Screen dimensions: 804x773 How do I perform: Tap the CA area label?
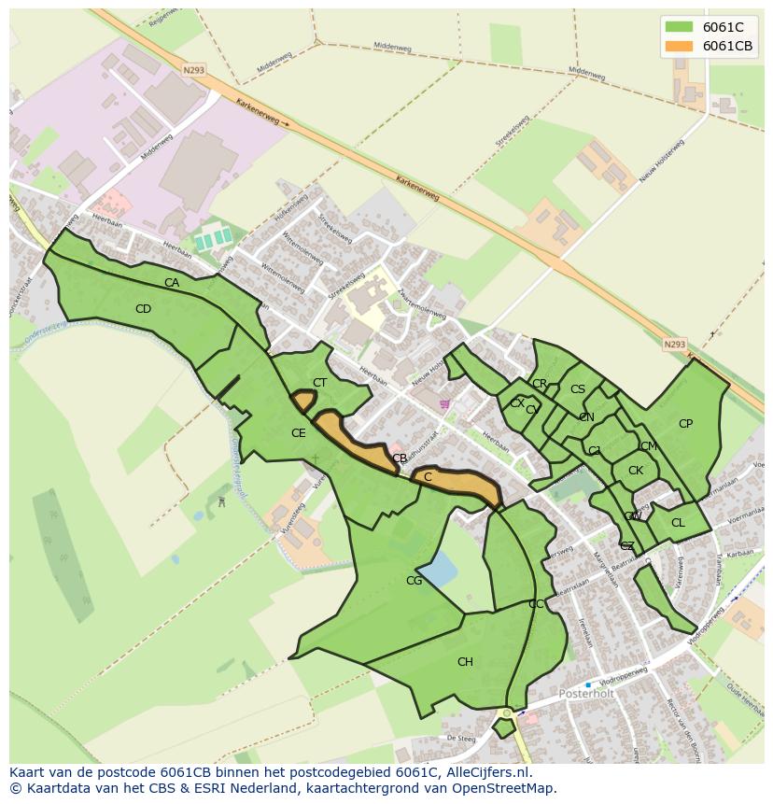[172, 283]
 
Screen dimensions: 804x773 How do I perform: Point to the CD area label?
[143, 309]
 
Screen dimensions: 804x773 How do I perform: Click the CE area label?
[298, 433]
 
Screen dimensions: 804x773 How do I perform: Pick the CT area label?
[319, 383]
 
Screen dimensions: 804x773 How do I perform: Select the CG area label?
[414, 581]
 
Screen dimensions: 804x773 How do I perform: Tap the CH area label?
[465, 662]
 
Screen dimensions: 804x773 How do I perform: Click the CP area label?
[685, 424]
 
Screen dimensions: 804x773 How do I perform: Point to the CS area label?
[578, 389]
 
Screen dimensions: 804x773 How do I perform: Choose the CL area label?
[678, 523]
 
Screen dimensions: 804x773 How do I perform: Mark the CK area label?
[636, 471]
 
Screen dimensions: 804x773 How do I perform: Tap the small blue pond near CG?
[438, 567]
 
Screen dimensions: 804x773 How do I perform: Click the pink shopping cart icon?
[444, 404]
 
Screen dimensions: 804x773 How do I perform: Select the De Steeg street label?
[461, 738]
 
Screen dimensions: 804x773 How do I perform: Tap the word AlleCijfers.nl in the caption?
[485, 772]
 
